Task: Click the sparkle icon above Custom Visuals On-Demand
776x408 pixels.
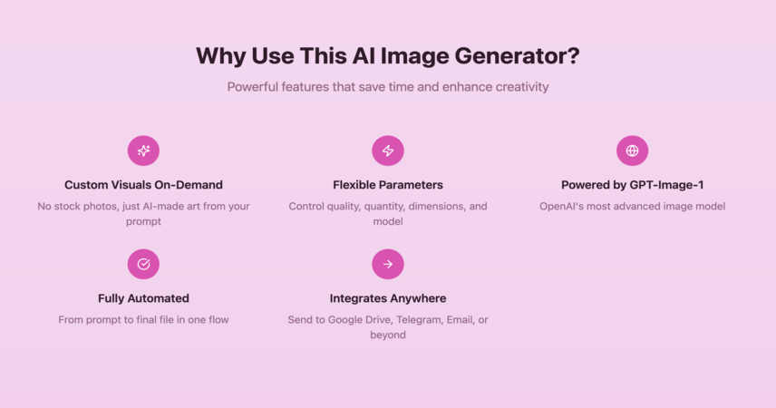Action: [143, 151]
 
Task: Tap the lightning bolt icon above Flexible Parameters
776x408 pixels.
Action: [388, 151]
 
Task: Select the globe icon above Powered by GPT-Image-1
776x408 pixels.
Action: [632, 151]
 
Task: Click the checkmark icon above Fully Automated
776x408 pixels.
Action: [143, 264]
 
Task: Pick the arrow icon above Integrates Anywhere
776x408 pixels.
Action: [388, 264]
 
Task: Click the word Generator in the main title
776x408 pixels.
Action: [517, 55]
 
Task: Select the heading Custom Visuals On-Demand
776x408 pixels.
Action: [143, 185]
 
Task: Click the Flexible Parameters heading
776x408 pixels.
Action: [388, 185]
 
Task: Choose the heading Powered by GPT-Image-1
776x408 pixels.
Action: [633, 185]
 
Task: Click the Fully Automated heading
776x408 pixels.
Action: [143, 298]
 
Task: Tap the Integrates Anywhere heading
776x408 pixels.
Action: [388, 298]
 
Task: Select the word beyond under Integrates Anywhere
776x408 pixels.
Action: [388, 335]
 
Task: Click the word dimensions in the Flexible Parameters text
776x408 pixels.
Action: [438, 207]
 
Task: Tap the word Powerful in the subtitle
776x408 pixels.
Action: [253, 87]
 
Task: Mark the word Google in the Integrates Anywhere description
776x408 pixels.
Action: [345, 320]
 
